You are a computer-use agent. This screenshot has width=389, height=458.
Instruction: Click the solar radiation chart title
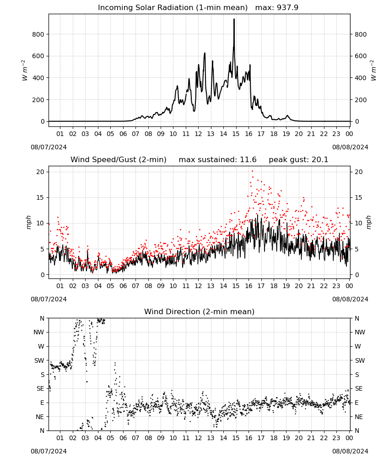pos(198,7)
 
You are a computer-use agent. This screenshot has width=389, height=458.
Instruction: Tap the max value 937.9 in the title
pos(287,7)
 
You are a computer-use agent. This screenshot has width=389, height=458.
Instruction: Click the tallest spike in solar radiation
pos(234,19)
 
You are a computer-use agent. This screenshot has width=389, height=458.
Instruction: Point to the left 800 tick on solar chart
pos(38,34)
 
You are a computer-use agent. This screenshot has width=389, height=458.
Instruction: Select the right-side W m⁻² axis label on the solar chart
pos(373,71)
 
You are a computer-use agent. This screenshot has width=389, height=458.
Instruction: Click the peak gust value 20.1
pos(319,159)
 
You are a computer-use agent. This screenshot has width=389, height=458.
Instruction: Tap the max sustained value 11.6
pos(248,159)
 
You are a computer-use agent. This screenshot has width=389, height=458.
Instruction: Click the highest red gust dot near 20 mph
pos(252,171)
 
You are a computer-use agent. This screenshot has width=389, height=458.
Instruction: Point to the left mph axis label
pos(28,223)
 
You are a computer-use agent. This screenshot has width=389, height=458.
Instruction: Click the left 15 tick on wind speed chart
pos(40,197)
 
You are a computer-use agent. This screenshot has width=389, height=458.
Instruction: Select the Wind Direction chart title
pos(200,311)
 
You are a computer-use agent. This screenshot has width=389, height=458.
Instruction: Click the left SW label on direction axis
pos(39,360)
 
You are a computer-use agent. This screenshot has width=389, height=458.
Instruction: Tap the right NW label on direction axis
pos(360,332)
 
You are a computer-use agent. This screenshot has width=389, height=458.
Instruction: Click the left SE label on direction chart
pos(40,388)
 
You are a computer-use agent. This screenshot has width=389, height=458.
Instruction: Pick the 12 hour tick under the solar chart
pos(198,134)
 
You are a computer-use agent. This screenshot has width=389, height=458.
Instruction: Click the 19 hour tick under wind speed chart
pos(286,286)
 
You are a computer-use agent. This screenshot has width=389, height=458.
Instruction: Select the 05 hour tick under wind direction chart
pos(110,438)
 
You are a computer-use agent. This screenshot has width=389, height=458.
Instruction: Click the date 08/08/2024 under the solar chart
pos(350,147)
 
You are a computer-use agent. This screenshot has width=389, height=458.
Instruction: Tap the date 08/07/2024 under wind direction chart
pos(49,451)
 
